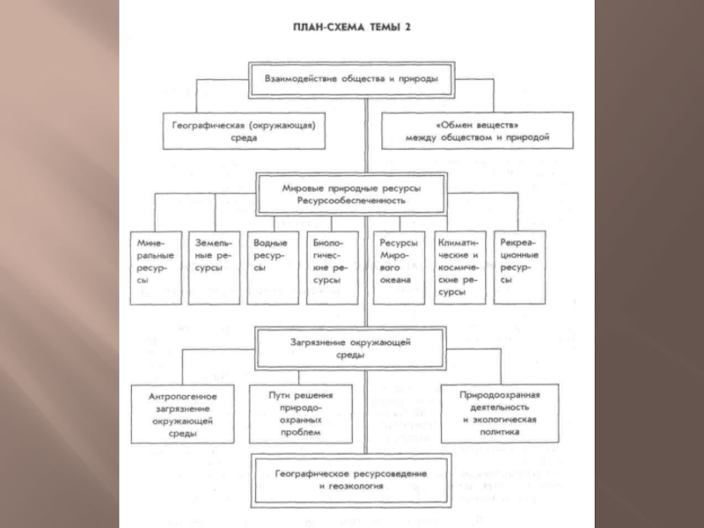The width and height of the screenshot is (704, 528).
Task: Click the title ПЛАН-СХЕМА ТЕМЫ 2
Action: click(351, 27)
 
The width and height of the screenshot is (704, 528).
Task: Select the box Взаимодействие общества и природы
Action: click(351, 77)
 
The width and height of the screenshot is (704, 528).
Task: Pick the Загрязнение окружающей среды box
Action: click(351, 347)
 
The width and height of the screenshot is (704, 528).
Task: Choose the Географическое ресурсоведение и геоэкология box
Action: click(351, 479)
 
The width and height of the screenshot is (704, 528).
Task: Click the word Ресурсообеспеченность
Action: click(351, 202)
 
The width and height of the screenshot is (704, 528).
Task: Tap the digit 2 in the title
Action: click(407, 27)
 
